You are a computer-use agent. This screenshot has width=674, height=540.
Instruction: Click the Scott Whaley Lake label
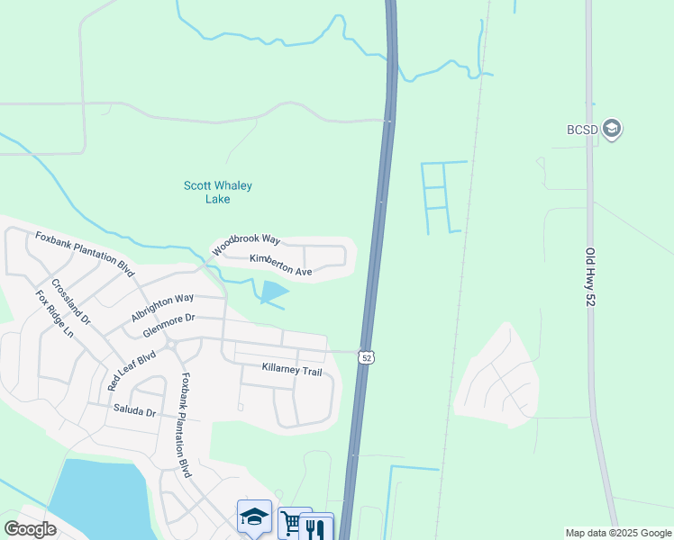click(218, 192)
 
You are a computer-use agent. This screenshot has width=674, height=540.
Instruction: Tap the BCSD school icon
click(613, 129)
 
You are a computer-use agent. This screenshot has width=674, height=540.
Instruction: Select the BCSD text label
click(582, 130)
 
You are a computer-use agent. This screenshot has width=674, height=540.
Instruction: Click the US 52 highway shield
click(366, 357)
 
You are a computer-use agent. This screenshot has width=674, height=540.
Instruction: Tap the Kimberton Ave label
click(280, 265)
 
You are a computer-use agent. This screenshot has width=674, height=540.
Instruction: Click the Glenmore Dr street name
click(168, 325)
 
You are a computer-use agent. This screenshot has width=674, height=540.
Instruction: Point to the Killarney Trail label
click(291, 370)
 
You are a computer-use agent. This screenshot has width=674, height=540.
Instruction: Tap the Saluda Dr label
click(134, 412)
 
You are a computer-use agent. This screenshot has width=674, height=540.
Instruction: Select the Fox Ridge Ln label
click(54, 313)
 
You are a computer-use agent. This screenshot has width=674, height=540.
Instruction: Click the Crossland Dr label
click(71, 301)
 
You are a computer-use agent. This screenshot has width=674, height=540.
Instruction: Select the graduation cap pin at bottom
click(254, 517)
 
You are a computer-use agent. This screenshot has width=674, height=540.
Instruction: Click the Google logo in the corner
click(30, 529)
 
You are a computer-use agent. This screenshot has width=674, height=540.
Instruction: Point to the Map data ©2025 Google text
click(617, 533)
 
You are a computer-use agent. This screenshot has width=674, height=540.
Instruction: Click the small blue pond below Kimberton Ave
click(273, 292)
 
